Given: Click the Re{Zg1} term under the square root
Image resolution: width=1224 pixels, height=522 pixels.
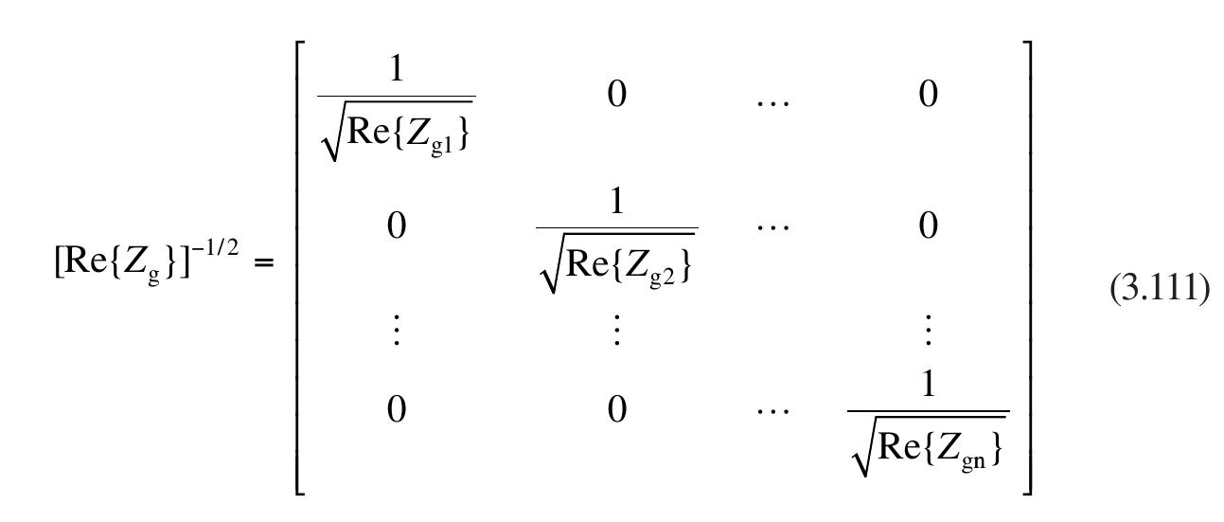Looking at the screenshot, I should pyautogui.click(x=407, y=130).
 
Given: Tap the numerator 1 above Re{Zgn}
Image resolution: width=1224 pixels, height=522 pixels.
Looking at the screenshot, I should pyautogui.click(x=928, y=390).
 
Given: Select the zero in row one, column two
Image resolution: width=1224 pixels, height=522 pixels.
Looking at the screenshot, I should pyautogui.click(x=616, y=96).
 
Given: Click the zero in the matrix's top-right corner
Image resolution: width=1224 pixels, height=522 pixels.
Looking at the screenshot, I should pyautogui.click(x=928, y=96).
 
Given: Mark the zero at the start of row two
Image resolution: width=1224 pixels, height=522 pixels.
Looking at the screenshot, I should pyautogui.click(x=396, y=227).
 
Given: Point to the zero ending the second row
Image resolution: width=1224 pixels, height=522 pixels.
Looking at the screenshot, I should pyautogui.click(x=928, y=227).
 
